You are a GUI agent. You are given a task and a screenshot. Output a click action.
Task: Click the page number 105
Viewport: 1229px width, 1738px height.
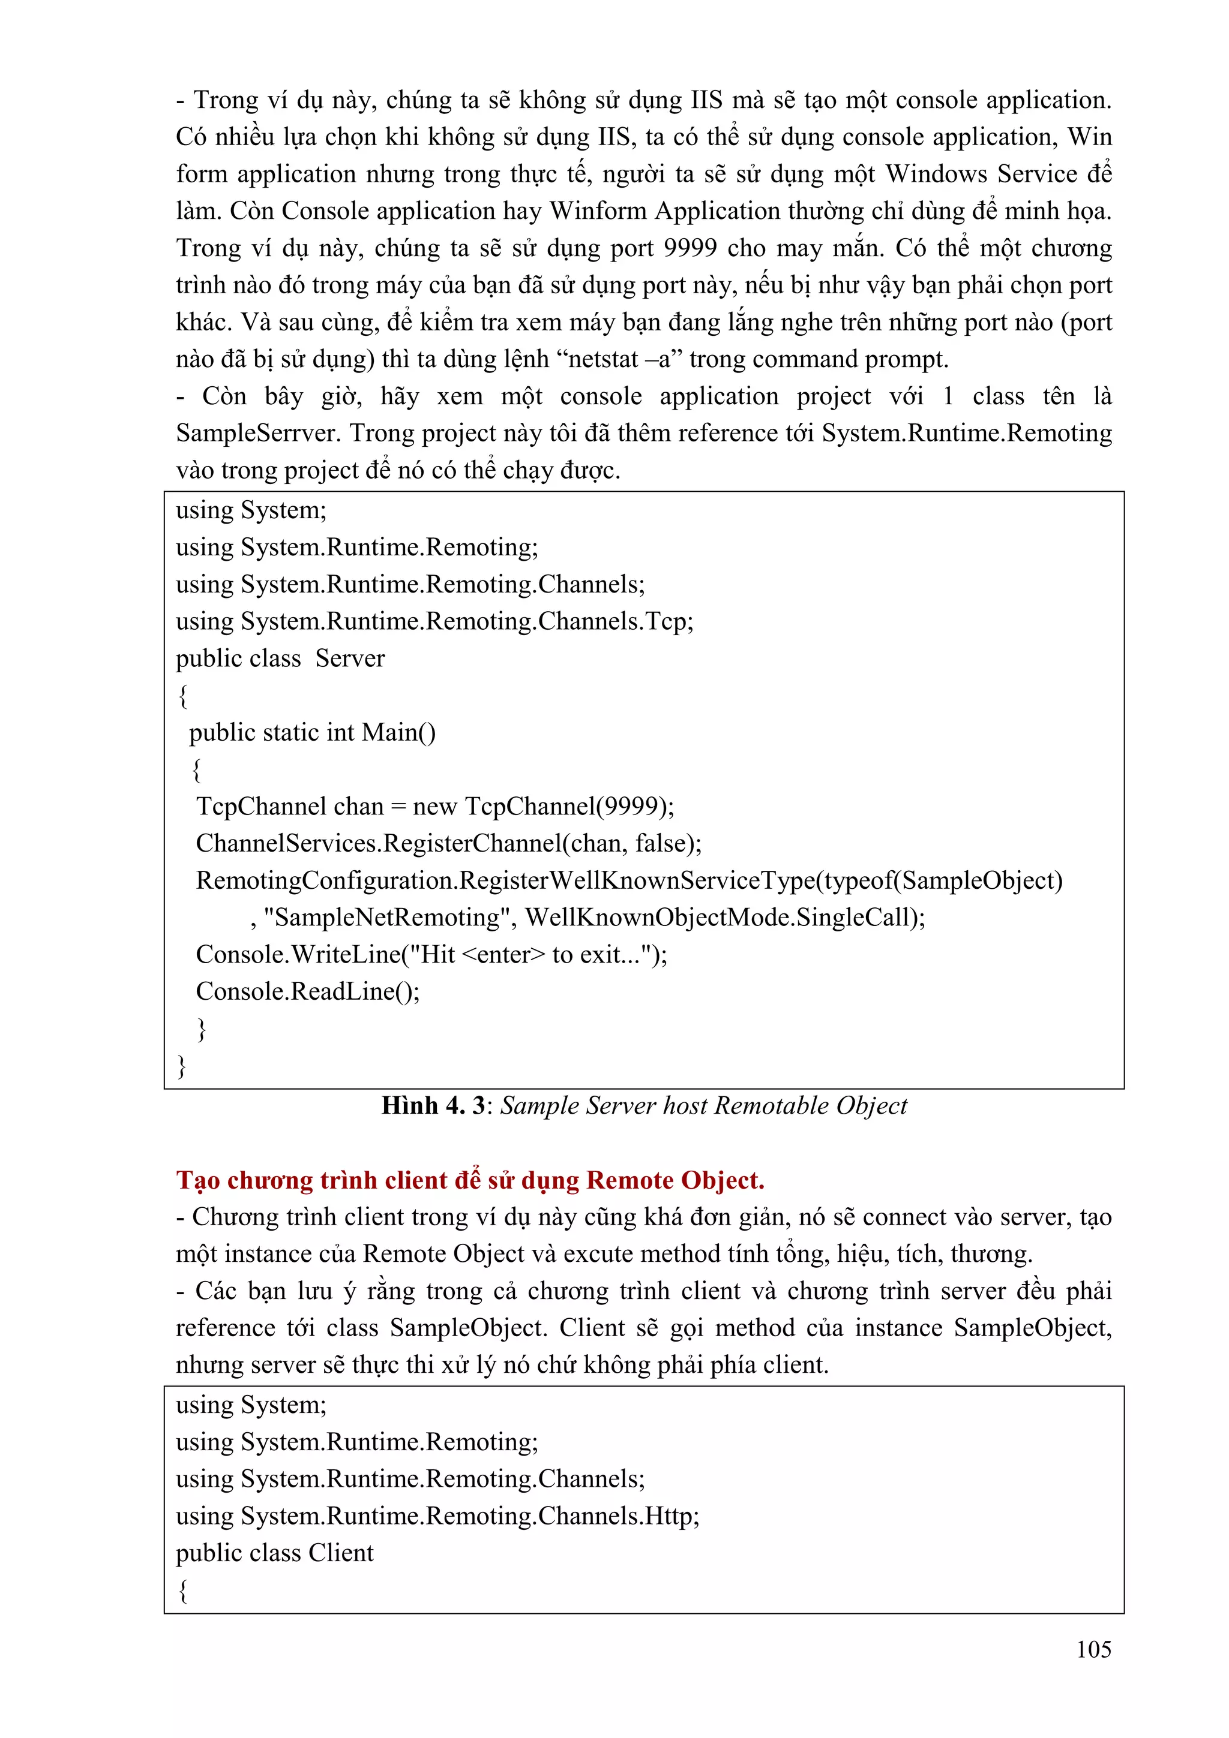tap(1093, 1649)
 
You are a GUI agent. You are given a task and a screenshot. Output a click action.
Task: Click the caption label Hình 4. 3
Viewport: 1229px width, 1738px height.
tap(433, 1105)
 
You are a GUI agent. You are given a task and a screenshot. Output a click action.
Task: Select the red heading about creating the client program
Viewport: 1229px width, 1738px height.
tap(469, 1180)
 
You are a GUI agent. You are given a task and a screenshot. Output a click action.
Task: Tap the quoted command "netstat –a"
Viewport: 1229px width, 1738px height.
tap(619, 359)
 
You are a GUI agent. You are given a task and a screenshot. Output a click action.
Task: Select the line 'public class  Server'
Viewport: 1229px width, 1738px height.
tap(280, 658)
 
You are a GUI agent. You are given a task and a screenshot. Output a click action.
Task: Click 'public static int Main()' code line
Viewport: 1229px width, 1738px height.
tap(312, 733)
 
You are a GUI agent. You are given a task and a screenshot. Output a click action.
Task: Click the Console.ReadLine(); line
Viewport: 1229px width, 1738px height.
tap(307, 991)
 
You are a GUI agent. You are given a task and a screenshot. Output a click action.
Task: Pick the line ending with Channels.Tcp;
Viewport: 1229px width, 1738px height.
tap(434, 621)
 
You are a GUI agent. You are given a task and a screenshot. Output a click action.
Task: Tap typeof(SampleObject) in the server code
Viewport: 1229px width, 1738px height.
tap(942, 880)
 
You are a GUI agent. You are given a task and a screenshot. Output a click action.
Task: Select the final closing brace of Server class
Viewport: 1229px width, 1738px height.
tap(182, 1065)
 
